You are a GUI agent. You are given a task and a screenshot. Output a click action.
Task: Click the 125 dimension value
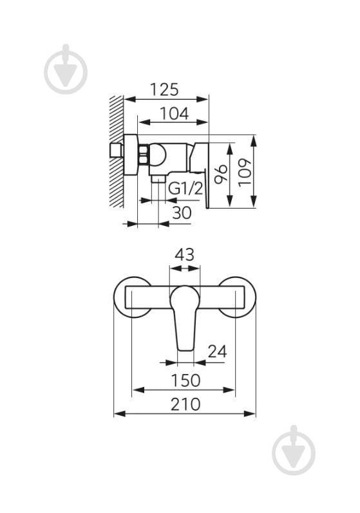click(164, 89)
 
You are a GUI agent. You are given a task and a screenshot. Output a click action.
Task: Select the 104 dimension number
click(175, 114)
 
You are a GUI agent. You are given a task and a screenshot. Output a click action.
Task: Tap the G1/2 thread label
click(186, 189)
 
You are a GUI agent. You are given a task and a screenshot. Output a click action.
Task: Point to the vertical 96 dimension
click(220, 174)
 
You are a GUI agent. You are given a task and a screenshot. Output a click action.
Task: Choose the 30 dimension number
click(182, 213)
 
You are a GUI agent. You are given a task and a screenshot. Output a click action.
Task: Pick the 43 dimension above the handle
click(184, 254)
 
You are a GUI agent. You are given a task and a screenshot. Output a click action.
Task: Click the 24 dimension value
click(217, 352)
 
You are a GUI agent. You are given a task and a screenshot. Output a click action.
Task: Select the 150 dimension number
click(185, 380)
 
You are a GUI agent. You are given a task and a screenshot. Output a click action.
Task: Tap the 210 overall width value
click(185, 404)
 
